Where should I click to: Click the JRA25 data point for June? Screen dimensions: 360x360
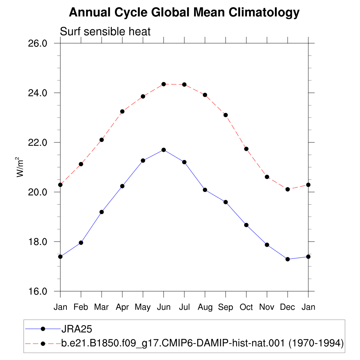[164, 150]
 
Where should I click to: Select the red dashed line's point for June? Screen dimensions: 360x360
[164, 84]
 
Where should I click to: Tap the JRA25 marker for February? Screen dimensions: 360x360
[81, 243]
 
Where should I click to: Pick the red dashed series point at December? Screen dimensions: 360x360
[288, 189]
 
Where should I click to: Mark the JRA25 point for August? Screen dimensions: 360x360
[205, 190]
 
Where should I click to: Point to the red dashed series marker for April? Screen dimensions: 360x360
[122, 111]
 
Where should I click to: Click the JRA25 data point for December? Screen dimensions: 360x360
[288, 259]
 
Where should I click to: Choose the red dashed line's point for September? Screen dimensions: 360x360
[226, 115]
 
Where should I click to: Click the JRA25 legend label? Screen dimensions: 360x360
[77, 329]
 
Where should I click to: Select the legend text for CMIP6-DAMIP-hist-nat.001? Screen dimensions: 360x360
[202, 343]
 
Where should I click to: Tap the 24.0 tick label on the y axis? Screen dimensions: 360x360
[38, 93]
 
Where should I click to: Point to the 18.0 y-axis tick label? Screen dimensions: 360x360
[38, 242]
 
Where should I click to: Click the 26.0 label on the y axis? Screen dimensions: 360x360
[38, 43]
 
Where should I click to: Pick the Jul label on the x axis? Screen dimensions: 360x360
[184, 307]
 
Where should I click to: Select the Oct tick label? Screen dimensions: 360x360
[246, 307]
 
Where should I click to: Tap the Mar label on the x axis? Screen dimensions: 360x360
[102, 307]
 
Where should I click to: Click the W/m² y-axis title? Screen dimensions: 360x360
[20, 167]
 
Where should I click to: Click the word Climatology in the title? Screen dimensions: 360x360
[264, 13]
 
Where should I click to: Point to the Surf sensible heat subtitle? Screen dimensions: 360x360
[105, 31]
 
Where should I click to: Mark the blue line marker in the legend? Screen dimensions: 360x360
[43, 329]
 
